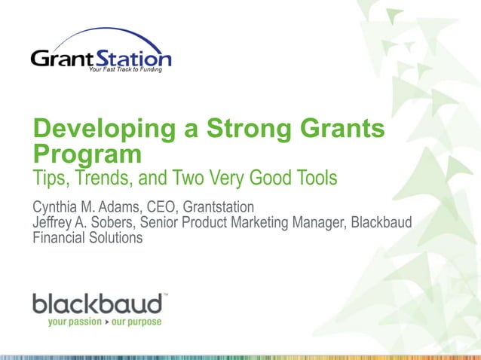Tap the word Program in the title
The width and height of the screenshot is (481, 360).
[x=87, y=155]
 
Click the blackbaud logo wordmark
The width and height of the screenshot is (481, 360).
[x=97, y=304]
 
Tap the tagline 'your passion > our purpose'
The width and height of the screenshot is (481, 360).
[x=103, y=322]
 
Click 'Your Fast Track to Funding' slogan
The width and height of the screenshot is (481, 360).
[x=124, y=70]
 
